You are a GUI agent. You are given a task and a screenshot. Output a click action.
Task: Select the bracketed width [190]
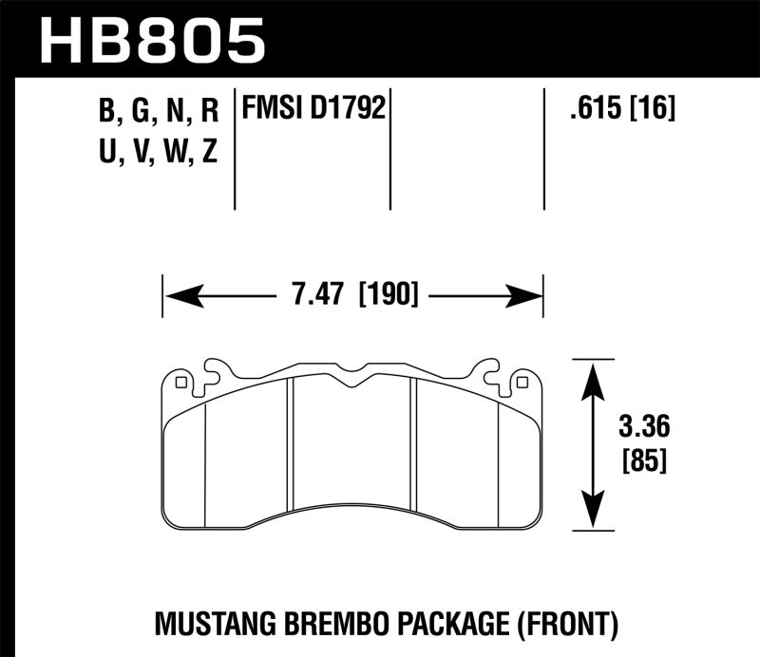tap(389, 295)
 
